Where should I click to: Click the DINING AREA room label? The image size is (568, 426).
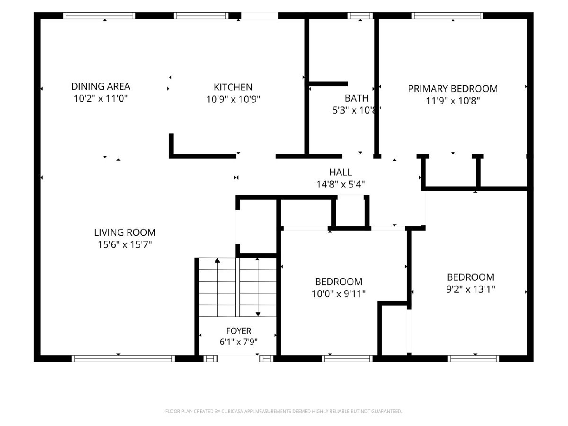coord(101,87)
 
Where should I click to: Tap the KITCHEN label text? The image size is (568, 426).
coord(233,87)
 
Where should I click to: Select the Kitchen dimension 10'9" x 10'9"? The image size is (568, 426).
coord(233,99)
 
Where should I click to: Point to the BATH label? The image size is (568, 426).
coord(356,98)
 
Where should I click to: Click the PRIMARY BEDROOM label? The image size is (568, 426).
coord(453,89)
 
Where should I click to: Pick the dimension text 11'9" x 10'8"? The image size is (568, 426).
coord(453,101)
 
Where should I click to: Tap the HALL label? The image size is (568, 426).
coord(340,172)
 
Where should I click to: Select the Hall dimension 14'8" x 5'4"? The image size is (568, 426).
coord(340,184)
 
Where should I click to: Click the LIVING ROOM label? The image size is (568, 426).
coord(124,232)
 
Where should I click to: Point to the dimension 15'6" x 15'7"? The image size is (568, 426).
coord(124,244)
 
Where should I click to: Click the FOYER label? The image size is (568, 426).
coord(239,331)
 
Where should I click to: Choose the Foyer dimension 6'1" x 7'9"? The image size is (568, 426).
coord(239,342)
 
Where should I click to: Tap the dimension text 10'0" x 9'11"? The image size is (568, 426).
coord(338,294)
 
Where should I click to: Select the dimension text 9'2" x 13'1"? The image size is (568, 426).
coord(470,289)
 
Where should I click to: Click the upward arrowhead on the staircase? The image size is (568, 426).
coord(217,260)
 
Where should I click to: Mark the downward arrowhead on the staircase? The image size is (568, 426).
coord(258,314)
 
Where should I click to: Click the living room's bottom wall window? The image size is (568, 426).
coord(123,358)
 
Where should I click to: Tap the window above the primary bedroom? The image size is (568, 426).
coord(447,16)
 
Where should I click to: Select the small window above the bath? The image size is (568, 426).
coord(360,16)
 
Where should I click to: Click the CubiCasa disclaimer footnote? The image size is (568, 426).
coord(284,411)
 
